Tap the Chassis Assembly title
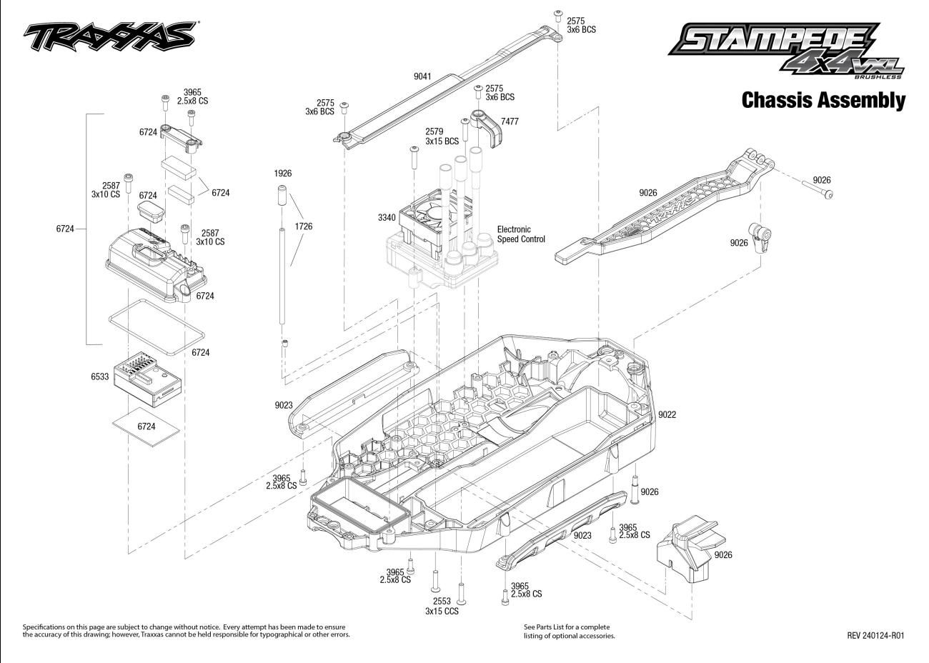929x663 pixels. click(823, 100)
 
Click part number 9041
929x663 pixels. click(422, 76)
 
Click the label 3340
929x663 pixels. click(387, 217)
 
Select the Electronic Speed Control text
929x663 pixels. click(521, 234)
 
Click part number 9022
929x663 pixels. click(667, 414)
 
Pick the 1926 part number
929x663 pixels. click(282, 174)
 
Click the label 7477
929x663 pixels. click(510, 122)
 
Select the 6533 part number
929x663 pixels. click(100, 377)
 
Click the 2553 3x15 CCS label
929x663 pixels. click(442, 607)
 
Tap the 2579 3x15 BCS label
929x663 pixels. click(442, 136)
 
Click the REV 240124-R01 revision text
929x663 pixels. click(875, 635)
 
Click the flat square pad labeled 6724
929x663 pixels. click(146, 427)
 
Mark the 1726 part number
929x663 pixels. click(303, 226)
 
